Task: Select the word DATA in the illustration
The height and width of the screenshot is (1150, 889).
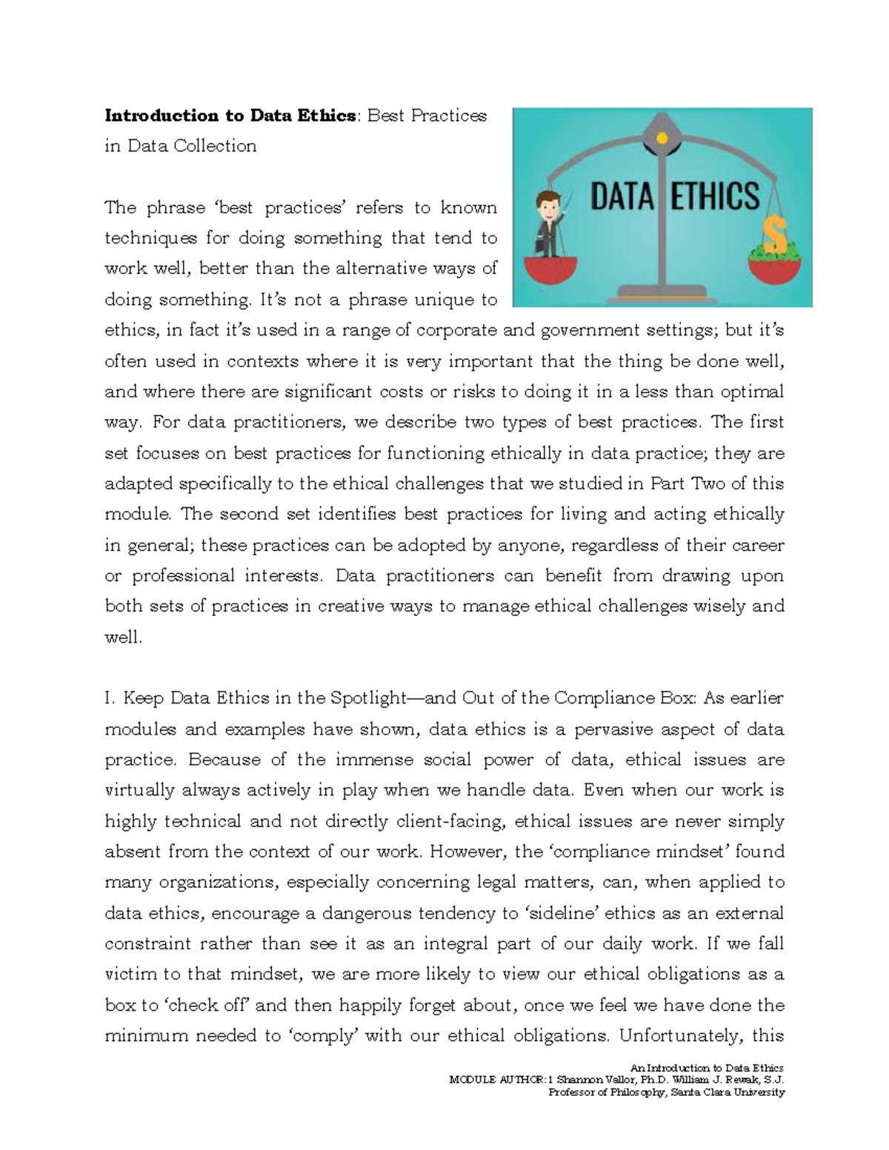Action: point(622,198)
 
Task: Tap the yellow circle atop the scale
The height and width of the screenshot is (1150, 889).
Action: point(662,138)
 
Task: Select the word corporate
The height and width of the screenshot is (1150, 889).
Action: point(456,330)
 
